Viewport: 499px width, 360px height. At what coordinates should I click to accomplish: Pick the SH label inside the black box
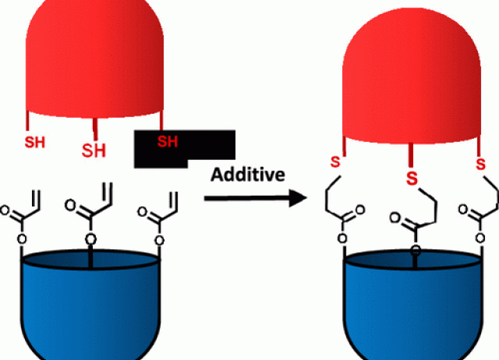[x=167, y=141]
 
